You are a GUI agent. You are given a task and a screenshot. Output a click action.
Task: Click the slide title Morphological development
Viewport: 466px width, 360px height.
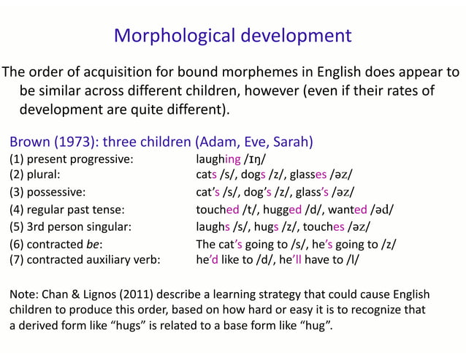coord(233,35)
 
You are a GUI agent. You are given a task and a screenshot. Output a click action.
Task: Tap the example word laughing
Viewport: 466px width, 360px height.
coord(218,158)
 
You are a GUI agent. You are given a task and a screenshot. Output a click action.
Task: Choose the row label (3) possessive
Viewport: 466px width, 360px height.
coord(47,193)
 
